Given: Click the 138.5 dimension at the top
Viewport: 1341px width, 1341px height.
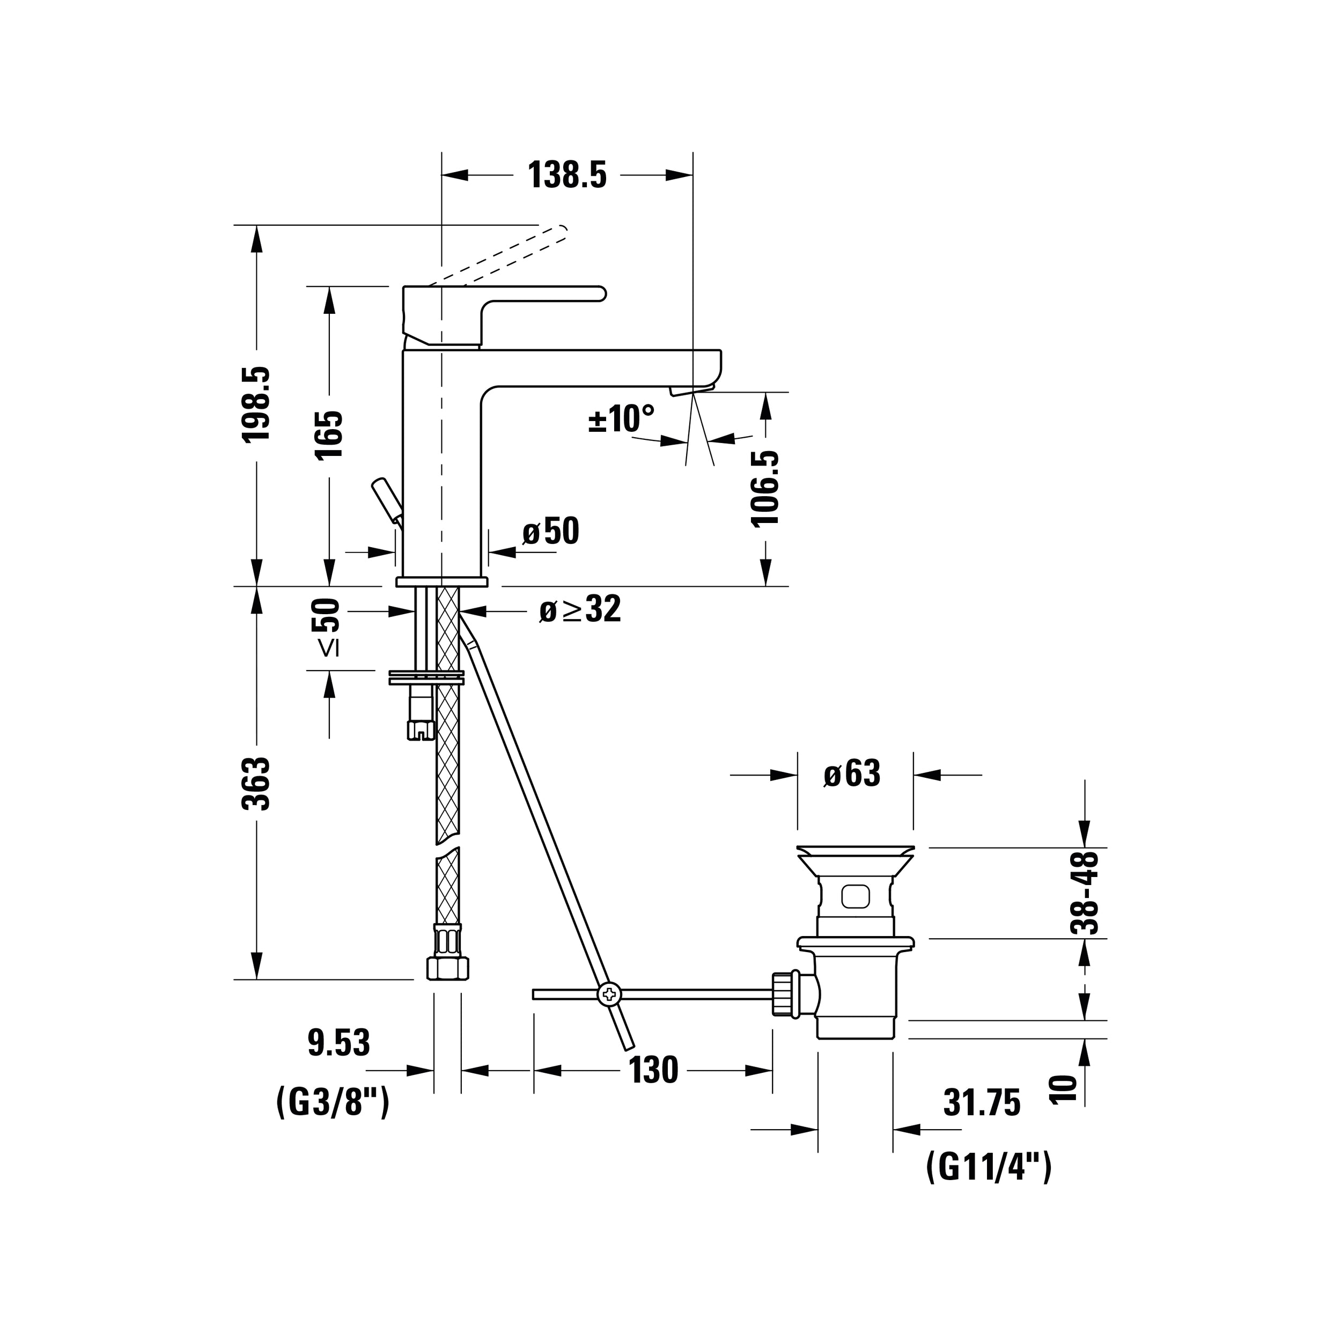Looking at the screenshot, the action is pyautogui.click(x=567, y=175).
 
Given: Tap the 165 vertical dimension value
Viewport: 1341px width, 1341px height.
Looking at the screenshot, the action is pyautogui.click(x=329, y=434).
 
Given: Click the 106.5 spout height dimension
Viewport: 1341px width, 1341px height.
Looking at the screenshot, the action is pyautogui.click(x=765, y=489).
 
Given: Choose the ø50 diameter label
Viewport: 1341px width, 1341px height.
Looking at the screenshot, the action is pyautogui.click(x=550, y=532).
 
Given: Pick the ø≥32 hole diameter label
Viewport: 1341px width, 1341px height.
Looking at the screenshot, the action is pyautogui.click(x=580, y=609).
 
